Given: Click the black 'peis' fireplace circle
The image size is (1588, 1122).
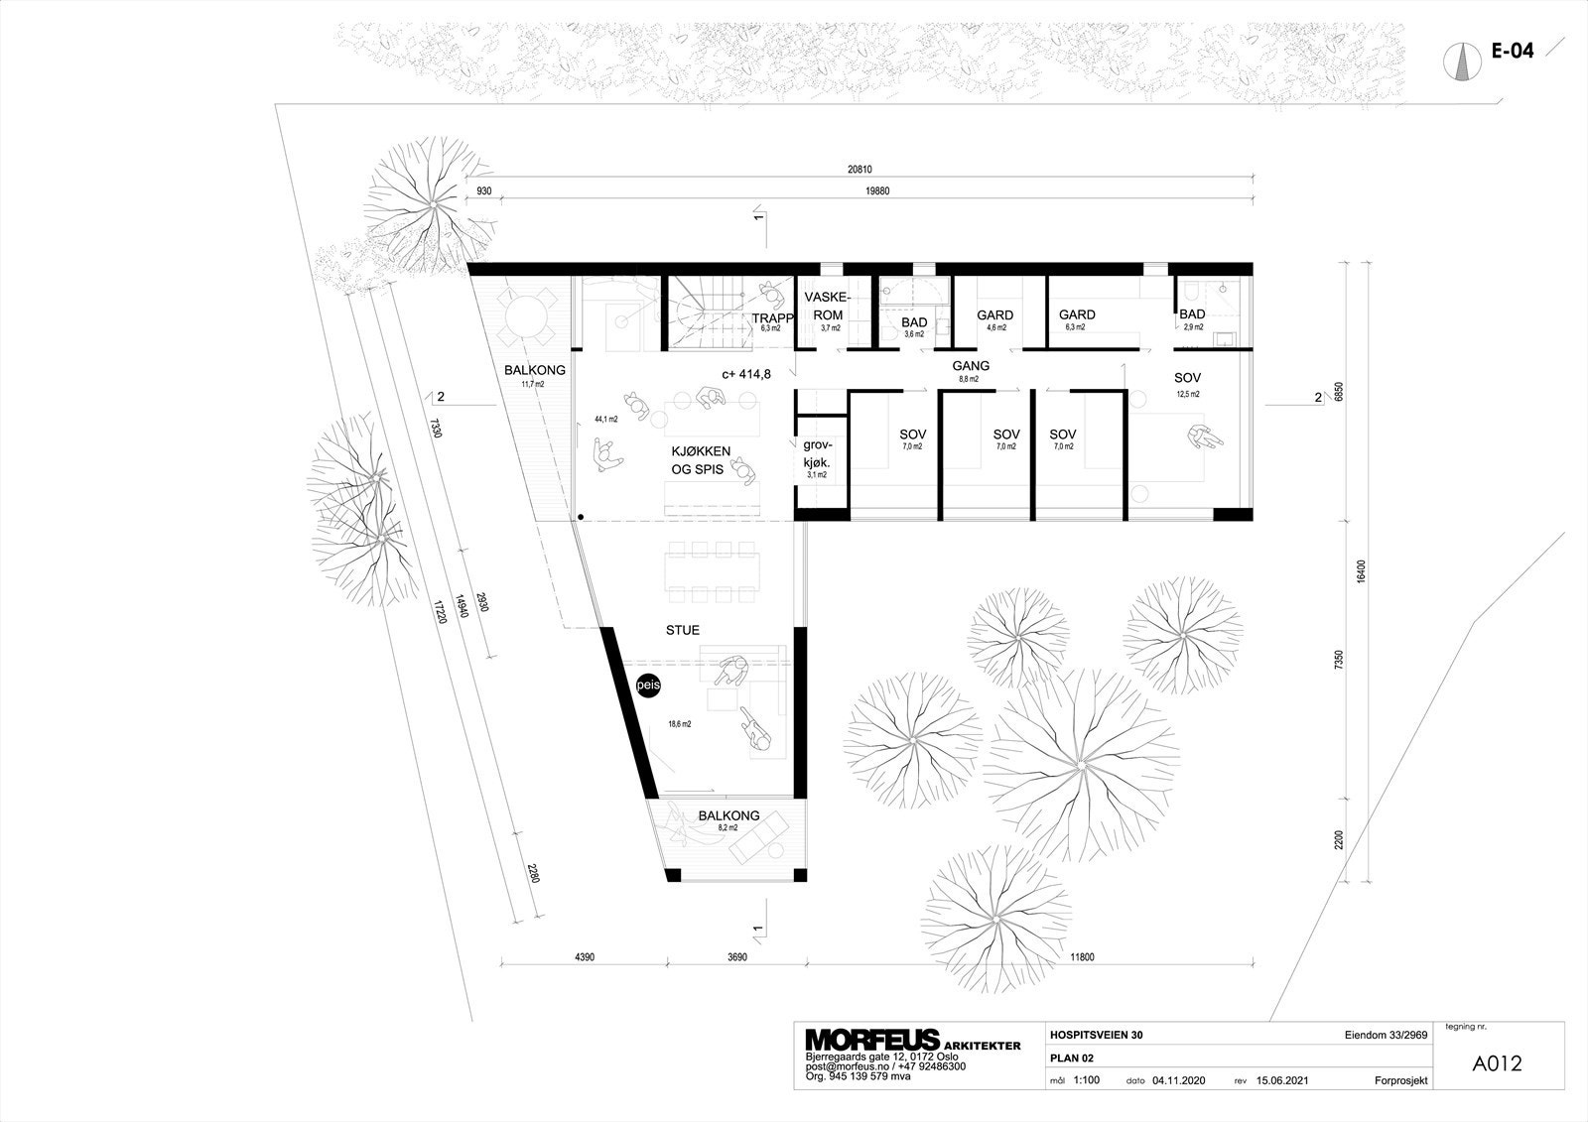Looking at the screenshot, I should (647, 685).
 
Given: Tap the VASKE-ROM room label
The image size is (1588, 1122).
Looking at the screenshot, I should (824, 307).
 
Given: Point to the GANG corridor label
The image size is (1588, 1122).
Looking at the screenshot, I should (972, 366).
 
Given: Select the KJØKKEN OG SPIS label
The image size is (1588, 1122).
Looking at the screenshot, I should (701, 459).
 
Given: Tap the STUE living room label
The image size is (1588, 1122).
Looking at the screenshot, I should (683, 630).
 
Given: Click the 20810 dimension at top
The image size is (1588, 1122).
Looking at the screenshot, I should (859, 170).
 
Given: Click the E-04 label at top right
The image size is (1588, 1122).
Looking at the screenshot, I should (1513, 52).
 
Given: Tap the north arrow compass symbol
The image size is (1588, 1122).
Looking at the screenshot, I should (1461, 62).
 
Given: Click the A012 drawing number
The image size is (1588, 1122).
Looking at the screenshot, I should (1498, 1063).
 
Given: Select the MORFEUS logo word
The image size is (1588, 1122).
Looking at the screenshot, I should (871, 1040).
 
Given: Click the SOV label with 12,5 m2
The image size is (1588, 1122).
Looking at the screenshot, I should (1188, 379).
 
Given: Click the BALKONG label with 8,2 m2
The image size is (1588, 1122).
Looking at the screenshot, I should (728, 816).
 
